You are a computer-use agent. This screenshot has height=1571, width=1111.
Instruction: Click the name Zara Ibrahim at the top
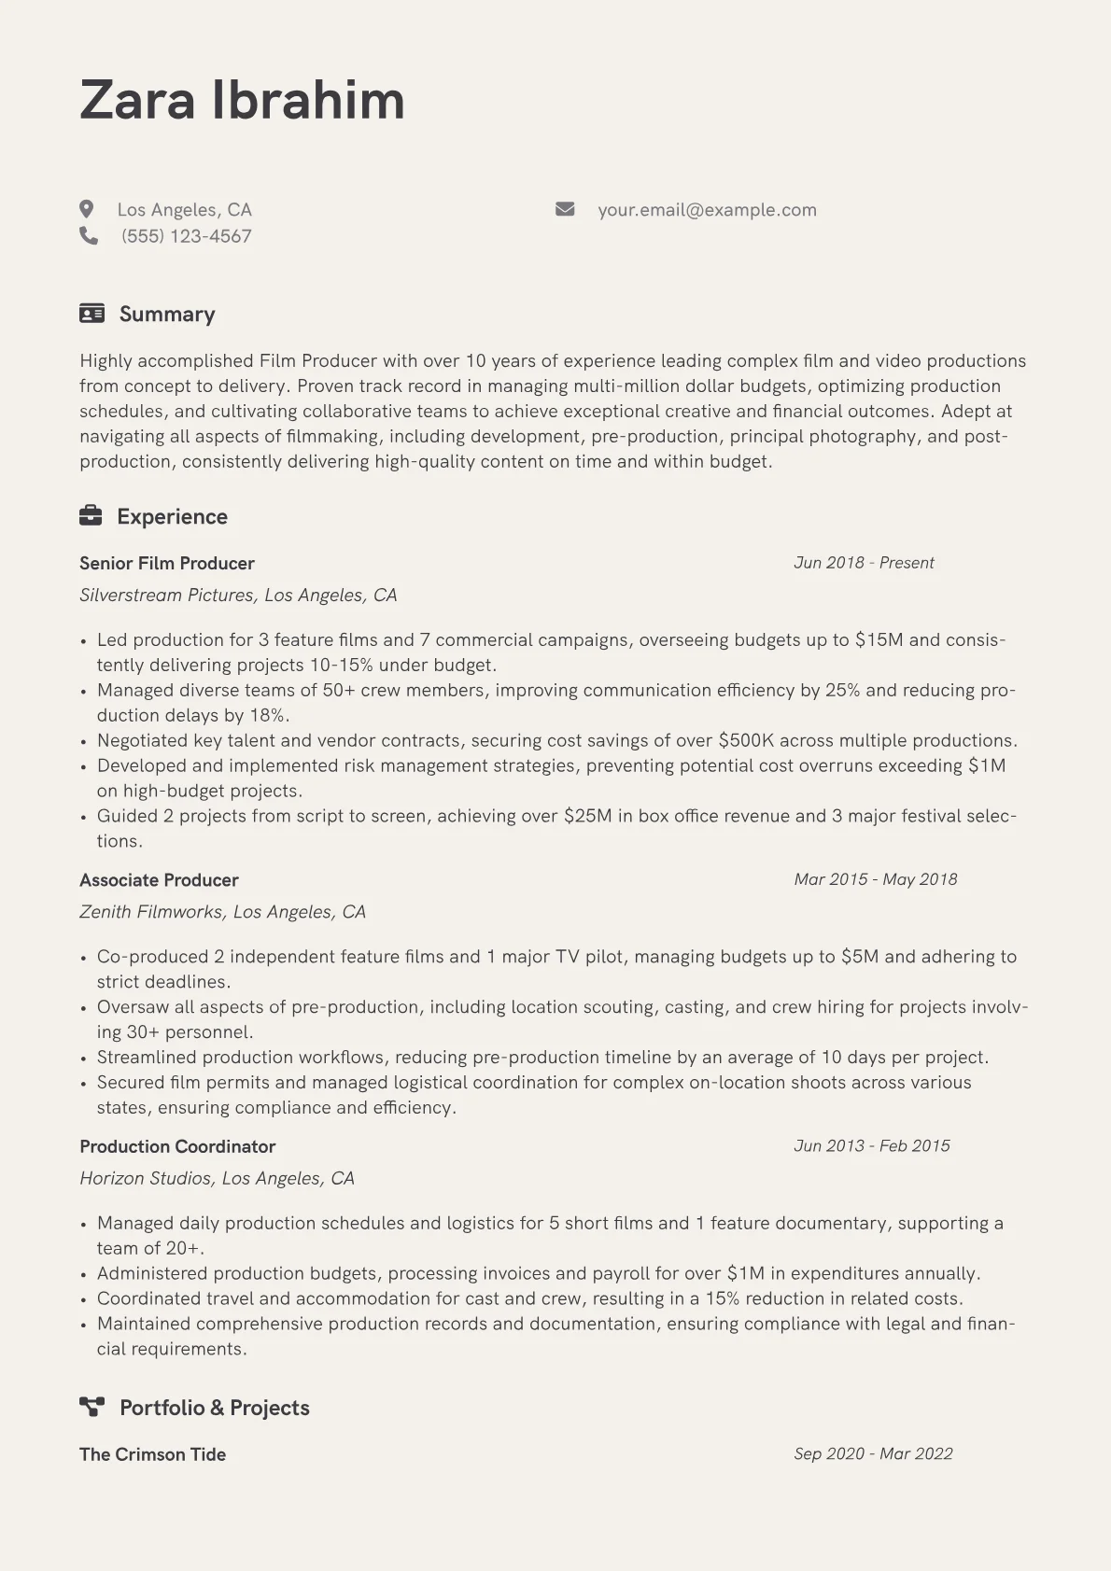[242, 100]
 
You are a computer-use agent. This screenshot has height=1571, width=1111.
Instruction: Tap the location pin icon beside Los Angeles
[87, 209]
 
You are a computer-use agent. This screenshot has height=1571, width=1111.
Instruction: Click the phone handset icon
[89, 235]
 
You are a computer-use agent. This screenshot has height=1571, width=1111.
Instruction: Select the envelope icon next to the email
[565, 209]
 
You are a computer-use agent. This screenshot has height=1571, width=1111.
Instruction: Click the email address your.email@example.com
[707, 210]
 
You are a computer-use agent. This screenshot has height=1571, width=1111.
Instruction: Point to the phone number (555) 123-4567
[186, 236]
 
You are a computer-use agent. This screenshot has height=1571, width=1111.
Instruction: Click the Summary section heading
[167, 314]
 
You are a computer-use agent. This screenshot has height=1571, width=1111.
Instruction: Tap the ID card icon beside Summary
[91, 314]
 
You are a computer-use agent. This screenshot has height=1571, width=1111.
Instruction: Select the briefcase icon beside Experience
[91, 515]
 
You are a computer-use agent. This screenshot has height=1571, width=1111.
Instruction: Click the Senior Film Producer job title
[167, 563]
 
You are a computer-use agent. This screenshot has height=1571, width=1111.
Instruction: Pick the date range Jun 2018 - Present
[864, 563]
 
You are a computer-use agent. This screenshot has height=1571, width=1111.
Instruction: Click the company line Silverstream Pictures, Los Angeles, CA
[238, 596]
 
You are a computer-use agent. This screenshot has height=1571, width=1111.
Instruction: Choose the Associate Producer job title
[159, 880]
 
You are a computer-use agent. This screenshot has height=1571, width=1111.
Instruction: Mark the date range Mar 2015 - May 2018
[875, 879]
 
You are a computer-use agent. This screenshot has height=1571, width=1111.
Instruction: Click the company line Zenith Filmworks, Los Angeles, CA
[222, 912]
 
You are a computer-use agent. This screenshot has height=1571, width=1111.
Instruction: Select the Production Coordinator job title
[177, 1146]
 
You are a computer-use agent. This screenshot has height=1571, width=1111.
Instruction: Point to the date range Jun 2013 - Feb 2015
[871, 1145]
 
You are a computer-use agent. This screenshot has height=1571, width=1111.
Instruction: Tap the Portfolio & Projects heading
[214, 1408]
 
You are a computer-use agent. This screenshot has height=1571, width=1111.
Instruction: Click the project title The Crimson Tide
[152, 1454]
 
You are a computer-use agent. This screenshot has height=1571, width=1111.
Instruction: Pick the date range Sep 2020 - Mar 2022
[873, 1453]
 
